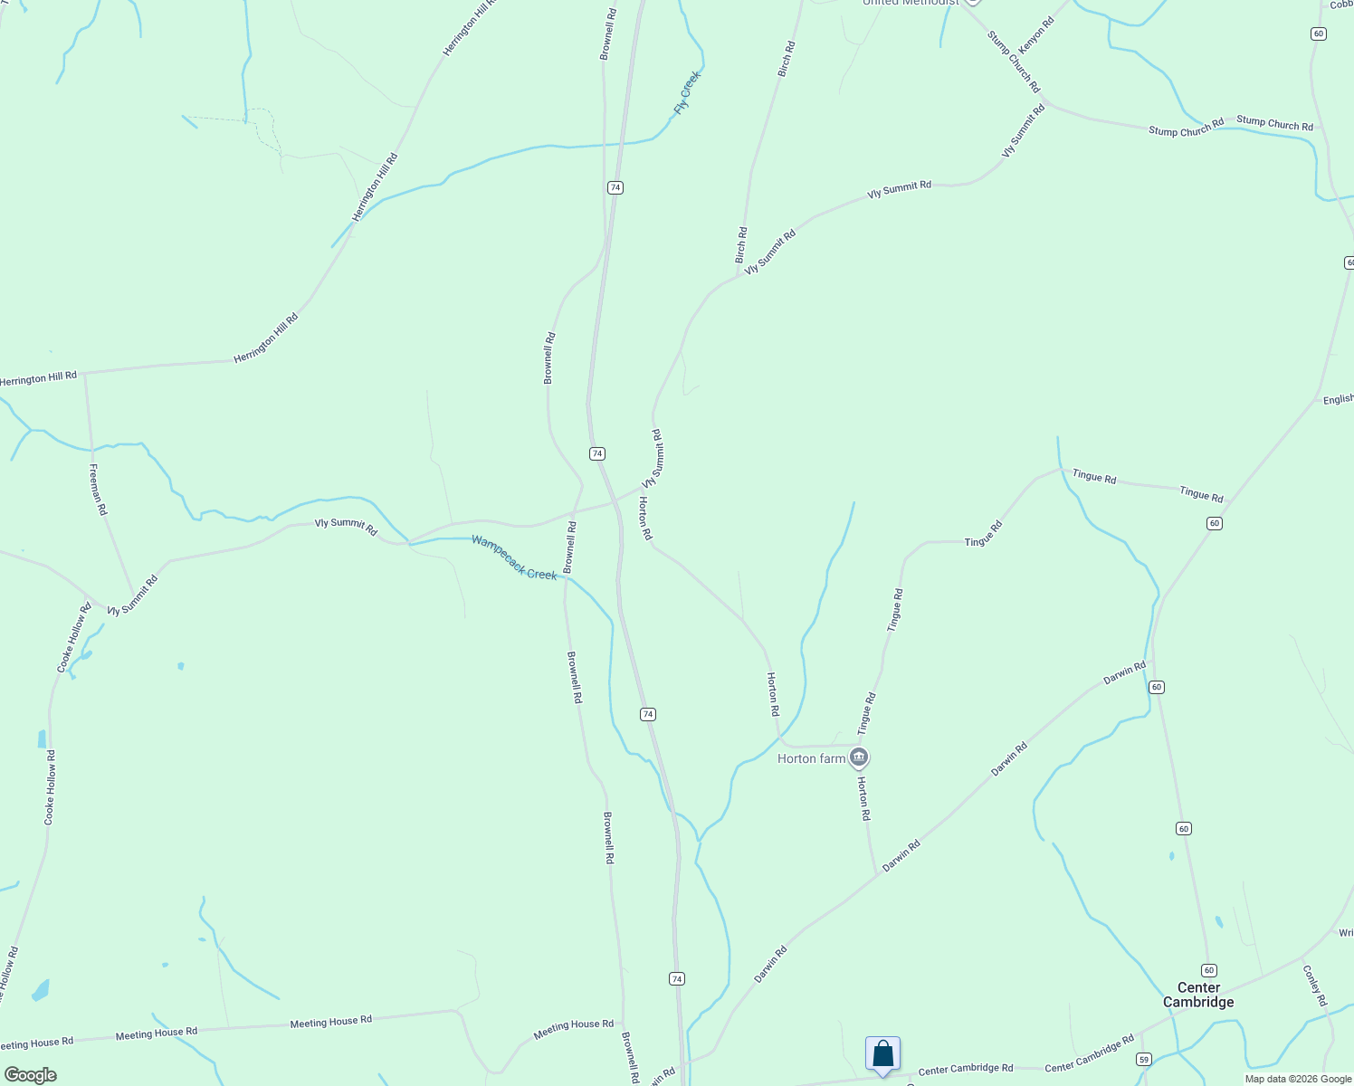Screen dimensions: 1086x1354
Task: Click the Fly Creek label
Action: [687, 92]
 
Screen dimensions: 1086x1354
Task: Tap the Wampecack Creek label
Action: [514, 557]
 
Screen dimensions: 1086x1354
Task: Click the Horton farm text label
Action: [811, 758]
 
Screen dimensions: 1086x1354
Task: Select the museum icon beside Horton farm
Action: [859, 757]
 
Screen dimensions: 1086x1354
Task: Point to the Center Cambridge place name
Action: [1198, 995]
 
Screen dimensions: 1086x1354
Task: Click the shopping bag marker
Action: [882, 1054]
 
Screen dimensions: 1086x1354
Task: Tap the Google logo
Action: [30, 1075]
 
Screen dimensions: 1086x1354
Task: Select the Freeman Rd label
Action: [98, 490]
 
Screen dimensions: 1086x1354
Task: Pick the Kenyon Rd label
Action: [1036, 36]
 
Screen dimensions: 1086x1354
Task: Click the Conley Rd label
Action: [1314, 986]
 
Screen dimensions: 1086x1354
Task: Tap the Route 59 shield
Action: [1144, 1059]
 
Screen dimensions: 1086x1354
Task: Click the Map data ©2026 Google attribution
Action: [1298, 1079]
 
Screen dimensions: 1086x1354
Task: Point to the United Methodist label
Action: [911, 3]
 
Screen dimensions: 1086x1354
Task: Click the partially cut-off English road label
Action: [1338, 399]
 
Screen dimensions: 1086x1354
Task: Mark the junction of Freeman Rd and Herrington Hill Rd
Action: [84, 372]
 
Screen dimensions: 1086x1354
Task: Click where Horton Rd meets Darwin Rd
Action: [876, 873]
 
